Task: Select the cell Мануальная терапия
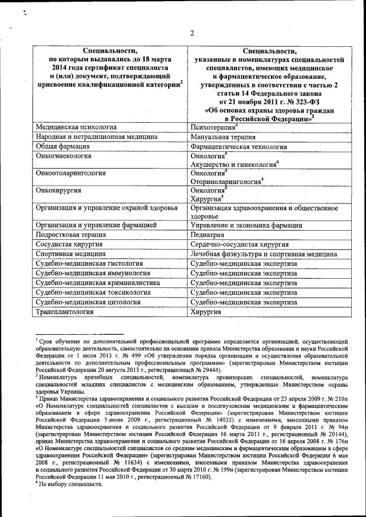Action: (223, 137)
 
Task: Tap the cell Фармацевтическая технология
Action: (238, 147)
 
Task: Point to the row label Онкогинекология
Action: (63, 156)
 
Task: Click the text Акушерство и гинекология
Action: (233, 165)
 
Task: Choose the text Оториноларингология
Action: (225, 182)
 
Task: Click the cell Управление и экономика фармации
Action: (246, 226)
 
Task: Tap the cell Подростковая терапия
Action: (71, 235)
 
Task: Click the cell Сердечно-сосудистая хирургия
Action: (240, 244)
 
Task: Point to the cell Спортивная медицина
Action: (70, 254)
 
